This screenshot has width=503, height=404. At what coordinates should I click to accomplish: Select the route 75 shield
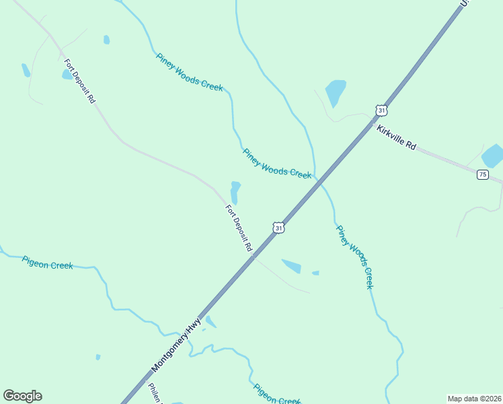(482, 174)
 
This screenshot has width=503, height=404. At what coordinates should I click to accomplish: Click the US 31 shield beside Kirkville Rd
(381, 109)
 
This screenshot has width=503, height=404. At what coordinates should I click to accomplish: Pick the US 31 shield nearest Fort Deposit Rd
(278, 228)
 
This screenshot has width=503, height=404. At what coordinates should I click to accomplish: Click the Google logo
(22, 396)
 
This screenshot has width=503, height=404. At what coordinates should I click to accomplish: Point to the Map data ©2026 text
(475, 399)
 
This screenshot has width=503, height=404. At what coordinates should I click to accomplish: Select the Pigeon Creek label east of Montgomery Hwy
(276, 394)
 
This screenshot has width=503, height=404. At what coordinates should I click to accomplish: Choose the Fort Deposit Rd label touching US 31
(239, 229)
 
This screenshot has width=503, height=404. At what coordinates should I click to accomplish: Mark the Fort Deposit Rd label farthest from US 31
(80, 81)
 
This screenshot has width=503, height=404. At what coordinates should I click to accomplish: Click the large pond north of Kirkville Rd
(335, 92)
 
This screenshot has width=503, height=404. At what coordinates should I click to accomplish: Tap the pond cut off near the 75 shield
(493, 156)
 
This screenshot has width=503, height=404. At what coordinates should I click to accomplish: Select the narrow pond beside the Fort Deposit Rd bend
(235, 192)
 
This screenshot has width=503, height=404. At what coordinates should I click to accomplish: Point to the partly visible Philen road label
(155, 393)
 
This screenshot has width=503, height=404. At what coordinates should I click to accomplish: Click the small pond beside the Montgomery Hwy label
(210, 322)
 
